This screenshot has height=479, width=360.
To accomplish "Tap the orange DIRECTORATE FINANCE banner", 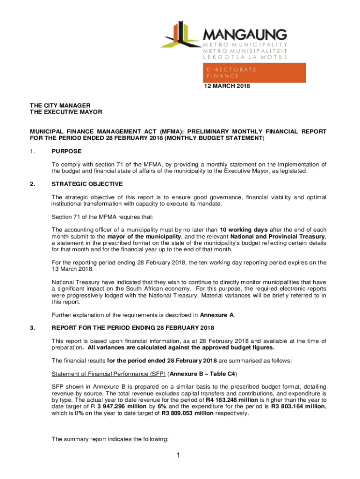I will [254, 73].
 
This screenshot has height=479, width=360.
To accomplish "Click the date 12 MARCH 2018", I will [223, 86].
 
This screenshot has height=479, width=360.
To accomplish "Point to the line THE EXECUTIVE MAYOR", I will [66, 112].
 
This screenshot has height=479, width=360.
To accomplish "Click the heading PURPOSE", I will [66, 151].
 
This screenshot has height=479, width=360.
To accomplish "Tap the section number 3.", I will [32, 327].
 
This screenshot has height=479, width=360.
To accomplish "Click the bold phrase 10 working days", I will [244, 230].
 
